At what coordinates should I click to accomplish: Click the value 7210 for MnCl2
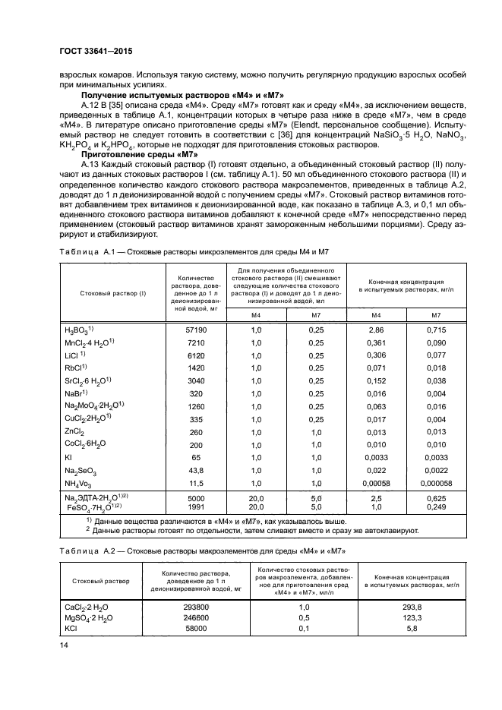pos(196,343)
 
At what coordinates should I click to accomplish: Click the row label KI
pos(69,457)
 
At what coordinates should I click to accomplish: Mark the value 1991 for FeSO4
pos(196,506)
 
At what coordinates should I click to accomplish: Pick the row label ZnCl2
pos(74,431)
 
